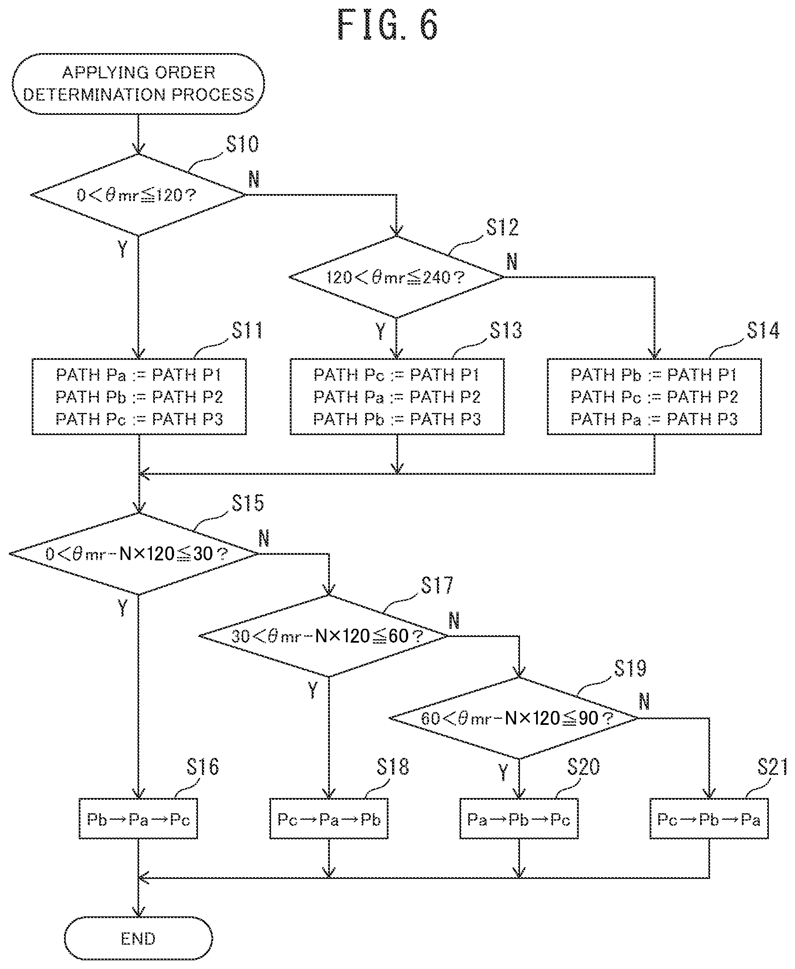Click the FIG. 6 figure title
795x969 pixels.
[x=387, y=25]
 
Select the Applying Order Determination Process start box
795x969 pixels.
[x=138, y=84]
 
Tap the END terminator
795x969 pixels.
[x=138, y=938]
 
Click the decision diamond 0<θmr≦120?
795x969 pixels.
[x=138, y=195]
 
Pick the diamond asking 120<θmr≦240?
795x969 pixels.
[x=396, y=277]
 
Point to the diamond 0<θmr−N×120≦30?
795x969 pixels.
[x=134, y=553]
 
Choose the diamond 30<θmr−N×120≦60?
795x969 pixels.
[x=324, y=636]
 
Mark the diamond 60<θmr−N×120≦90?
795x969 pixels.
[x=514, y=718]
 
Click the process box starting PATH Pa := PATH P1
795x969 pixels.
[x=139, y=396]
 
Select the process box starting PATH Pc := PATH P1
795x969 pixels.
[x=397, y=396]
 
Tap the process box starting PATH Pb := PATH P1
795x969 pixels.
[x=654, y=396]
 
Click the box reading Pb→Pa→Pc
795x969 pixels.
[x=138, y=819]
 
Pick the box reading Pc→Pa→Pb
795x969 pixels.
[x=329, y=819]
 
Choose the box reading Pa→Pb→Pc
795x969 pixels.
[x=519, y=819]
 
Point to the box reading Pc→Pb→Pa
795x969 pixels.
[x=709, y=819]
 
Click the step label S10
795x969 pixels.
[x=243, y=144]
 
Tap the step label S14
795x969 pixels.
[x=763, y=330]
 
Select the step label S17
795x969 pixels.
[x=437, y=585]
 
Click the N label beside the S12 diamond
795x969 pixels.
[x=512, y=262]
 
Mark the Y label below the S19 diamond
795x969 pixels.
[x=503, y=772]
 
